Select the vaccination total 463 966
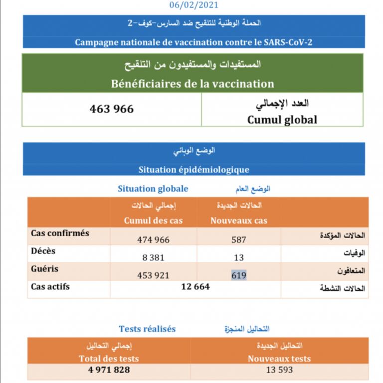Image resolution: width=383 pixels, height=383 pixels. [x=112, y=109]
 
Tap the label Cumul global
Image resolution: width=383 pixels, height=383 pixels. [x=282, y=120]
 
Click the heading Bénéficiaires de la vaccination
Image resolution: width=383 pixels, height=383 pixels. [x=192, y=83]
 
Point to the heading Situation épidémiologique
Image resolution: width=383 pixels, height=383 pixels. [x=193, y=170]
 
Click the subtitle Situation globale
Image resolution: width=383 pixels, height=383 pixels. [x=153, y=189]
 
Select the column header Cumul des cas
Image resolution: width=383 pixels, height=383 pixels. [x=153, y=221]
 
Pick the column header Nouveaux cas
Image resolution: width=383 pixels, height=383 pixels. [x=239, y=221]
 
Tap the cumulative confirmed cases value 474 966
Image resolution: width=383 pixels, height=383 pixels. [x=153, y=240]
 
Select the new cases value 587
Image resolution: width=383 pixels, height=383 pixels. [x=239, y=240]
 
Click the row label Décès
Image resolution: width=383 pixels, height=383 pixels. [x=43, y=251]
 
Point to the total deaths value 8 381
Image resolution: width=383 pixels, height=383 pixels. [x=153, y=258]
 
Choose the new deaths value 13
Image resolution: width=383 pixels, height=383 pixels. [x=239, y=258]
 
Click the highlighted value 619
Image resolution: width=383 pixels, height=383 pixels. [x=239, y=275]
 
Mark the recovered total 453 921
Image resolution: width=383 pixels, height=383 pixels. [x=153, y=275]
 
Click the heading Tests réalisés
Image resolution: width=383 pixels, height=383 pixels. [x=147, y=329]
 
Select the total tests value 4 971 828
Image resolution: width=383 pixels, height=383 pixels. [x=108, y=370]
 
